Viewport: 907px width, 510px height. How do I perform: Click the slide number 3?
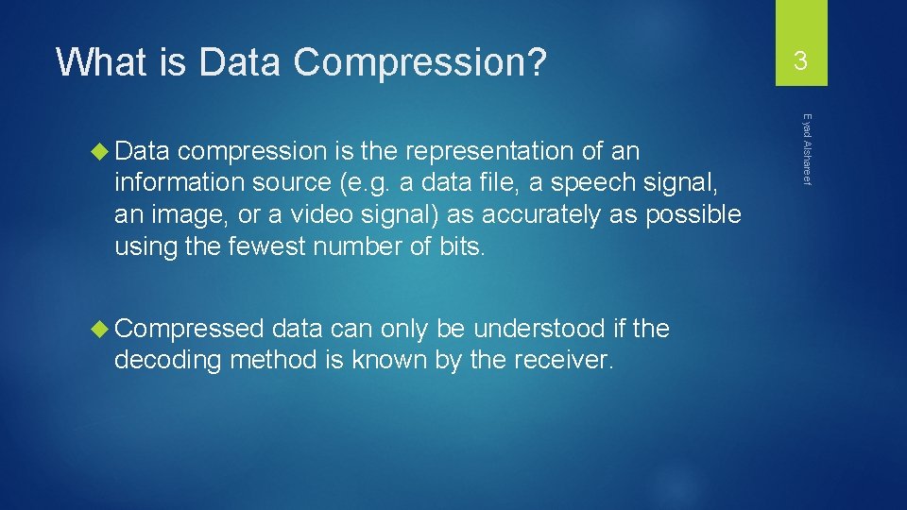(800, 62)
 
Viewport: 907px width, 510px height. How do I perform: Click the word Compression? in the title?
(419, 62)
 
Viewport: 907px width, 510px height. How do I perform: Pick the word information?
(177, 183)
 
